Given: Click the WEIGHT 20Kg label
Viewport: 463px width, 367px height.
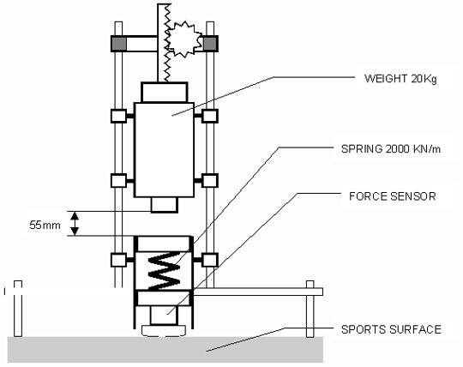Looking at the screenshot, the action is pyautogui.click(x=400, y=79).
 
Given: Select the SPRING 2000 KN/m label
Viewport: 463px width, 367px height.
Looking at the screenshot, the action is pyautogui.click(x=391, y=149).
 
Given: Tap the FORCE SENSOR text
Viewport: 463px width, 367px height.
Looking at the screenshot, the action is pyautogui.click(x=393, y=196).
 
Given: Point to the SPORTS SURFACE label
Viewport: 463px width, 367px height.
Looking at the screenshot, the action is pyautogui.click(x=391, y=329).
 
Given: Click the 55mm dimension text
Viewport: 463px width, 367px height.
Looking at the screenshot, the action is pyautogui.click(x=45, y=226).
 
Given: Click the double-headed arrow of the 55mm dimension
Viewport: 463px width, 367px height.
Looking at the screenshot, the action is pyautogui.click(x=75, y=224).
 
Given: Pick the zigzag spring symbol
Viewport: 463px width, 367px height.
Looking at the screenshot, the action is pyautogui.click(x=164, y=270).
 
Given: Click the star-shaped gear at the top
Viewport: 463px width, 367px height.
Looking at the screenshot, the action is pyautogui.click(x=184, y=39).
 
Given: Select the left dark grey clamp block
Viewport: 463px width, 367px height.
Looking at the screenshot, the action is pyautogui.click(x=118, y=44).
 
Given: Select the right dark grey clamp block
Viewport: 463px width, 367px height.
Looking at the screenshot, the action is pyautogui.click(x=210, y=44).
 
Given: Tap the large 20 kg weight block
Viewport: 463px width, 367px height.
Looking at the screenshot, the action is pyautogui.click(x=164, y=150).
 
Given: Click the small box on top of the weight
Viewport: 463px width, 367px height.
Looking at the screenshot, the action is pyautogui.click(x=164, y=93).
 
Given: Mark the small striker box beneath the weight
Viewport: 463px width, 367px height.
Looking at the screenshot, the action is pyautogui.click(x=165, y=205).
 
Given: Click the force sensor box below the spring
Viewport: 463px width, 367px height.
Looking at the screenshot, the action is pyautogui.click(x=164, y=316).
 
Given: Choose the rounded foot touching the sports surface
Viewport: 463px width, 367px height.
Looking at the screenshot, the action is pyautogui.click(x=164, y=330).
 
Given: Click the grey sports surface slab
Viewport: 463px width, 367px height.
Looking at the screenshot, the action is pyautogui.click(x=165, y=350).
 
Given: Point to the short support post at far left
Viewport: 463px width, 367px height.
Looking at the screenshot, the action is pyautogui.click(x=18, y=309).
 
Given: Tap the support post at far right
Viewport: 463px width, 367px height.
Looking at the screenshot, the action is pyautogui.click(x=310, y=309).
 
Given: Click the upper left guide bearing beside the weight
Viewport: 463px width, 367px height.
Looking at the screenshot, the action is pyautogui.click(x=118, y=116).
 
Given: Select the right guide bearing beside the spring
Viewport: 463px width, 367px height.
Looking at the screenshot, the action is pyautogui.click(x=210, y=260).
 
